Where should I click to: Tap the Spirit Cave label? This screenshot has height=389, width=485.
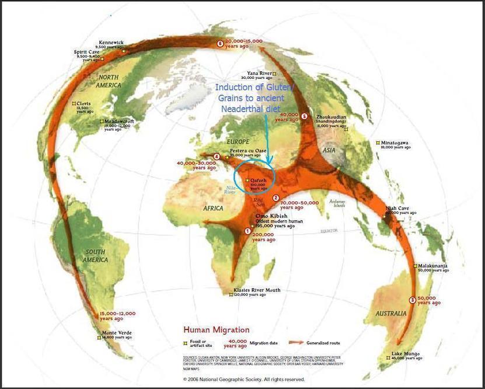86,52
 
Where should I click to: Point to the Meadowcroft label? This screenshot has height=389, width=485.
119,121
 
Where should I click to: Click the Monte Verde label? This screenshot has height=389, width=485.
117,333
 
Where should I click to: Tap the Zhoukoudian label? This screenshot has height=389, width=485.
331,117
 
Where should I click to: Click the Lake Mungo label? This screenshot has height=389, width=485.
404,353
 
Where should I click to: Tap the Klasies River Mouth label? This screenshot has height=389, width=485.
257,290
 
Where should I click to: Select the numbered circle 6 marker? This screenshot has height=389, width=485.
220,43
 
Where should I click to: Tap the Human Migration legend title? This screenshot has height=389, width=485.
217,330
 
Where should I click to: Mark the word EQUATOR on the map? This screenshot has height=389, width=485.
329,231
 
